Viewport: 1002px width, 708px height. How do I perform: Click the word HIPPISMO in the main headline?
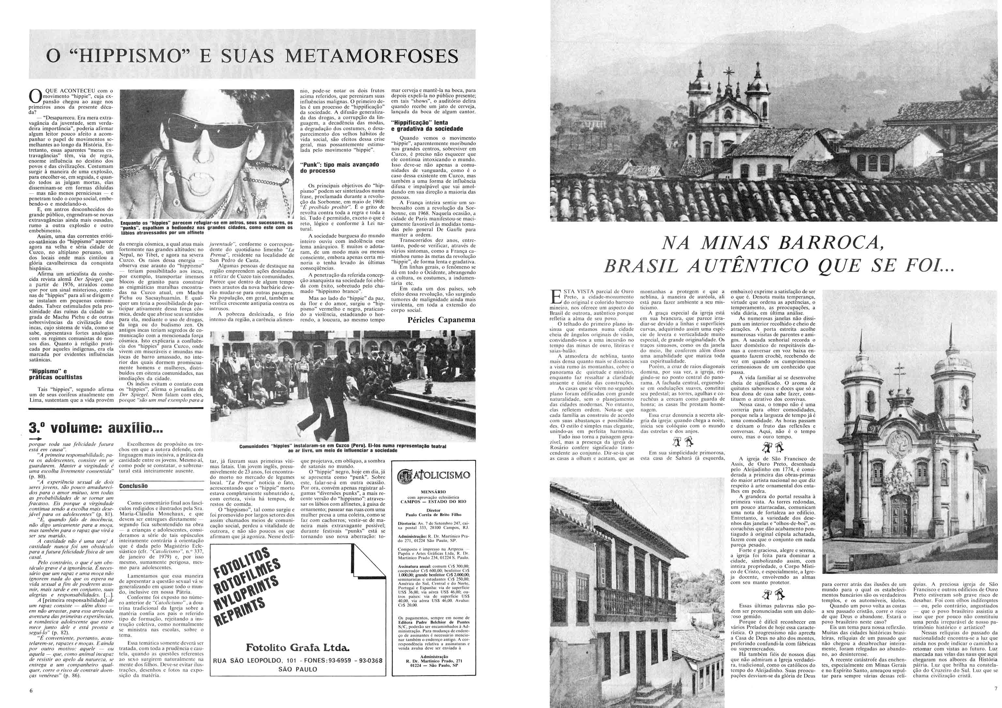coord(144,57)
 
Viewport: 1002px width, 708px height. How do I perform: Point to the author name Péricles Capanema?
coord(441,320)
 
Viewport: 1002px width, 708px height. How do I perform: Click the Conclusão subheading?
coord(133,486)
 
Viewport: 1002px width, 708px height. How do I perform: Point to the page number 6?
coord(31,690)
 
